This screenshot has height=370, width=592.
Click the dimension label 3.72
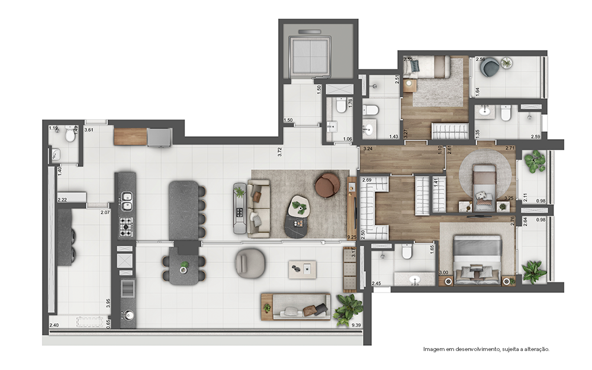pyautogui.click(x=280, y=152)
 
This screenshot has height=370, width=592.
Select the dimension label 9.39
pyautogui.click(x=356, y=325)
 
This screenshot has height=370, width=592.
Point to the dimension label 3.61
pyautogui.click(x=89, y=129)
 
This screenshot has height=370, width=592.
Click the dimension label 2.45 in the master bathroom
pyautogui.click(x=376, y=284)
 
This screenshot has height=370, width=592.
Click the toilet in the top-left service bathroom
pyautogui.click(x=70, y=136)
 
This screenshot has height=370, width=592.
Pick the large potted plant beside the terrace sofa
pyautogui.click(x=348, y=310)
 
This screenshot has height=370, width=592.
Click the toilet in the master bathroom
pyautogui.click(x=407, y=253)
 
